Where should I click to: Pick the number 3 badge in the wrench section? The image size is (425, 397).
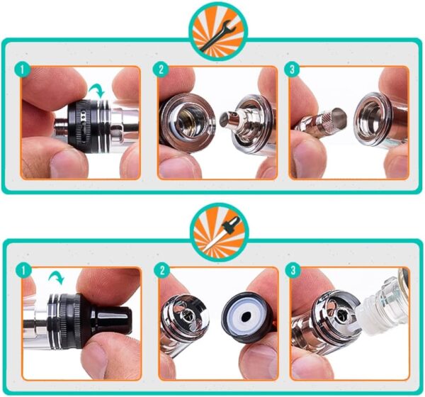pos(290,71)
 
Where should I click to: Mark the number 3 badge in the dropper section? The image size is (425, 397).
pos(290,271)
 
